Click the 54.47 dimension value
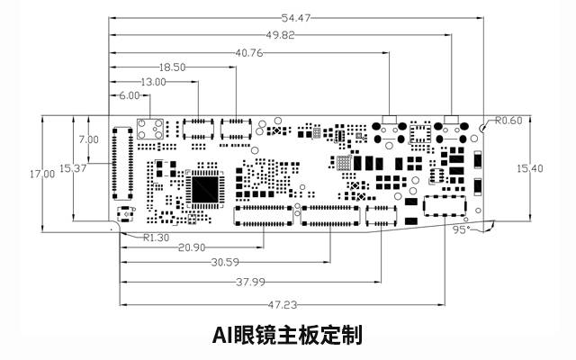pos(294,18)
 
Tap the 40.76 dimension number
pos(248,52)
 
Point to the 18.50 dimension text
pos(173,67)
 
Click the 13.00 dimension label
pos(154,82)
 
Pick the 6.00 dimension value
pos(130,95)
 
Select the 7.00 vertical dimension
pos(88,139)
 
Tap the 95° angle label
pos(462,230)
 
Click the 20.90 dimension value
pos(191,247)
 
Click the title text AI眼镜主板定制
pos(287,337)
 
